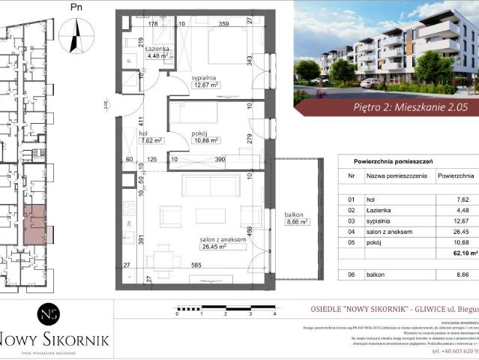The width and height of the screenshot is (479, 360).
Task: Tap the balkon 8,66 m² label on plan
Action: pyautogui.click(x=297, y=218)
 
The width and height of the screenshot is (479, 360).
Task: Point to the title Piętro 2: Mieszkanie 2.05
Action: pyautogui.click(x=410, y=107)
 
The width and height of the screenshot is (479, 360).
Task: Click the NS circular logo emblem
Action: pyautogui.click(x=49, y=316)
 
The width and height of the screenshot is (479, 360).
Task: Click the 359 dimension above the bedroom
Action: pyautogui.click(x=223, y=24)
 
